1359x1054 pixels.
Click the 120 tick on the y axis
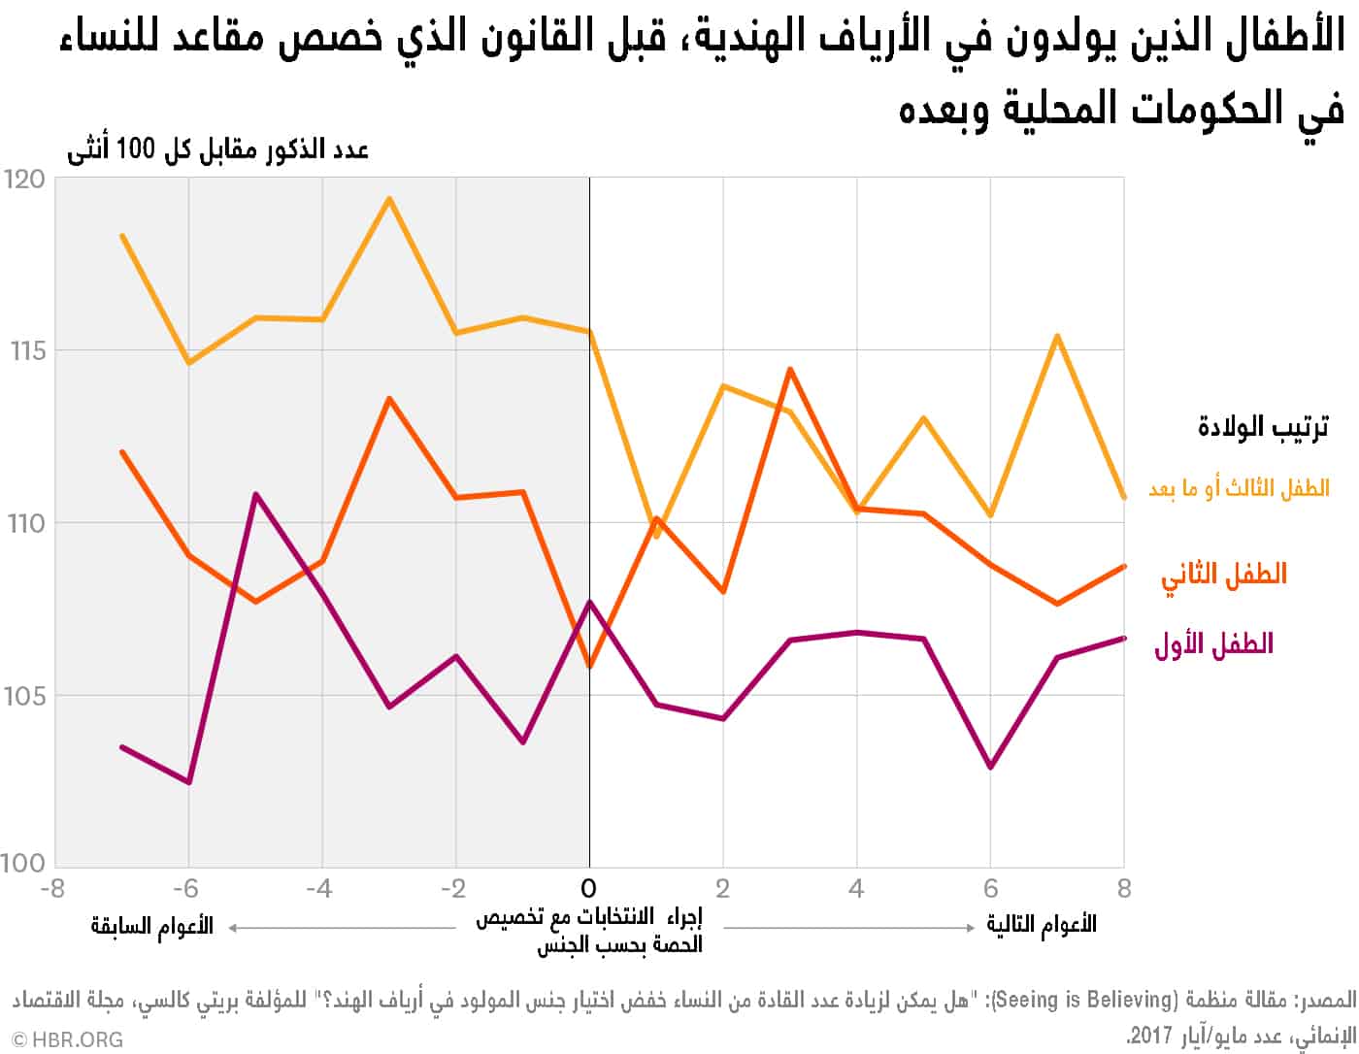click(x=25, y=180)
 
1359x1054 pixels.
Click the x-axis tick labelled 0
click(x=588, y=888)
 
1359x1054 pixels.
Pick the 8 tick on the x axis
click(x=1123, y=888)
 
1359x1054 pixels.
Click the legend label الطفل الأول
click(x=1213, y=643)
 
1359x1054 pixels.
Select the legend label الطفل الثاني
click(x=1223, y=574)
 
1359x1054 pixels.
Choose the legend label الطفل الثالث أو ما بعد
click(x=1239, y=488)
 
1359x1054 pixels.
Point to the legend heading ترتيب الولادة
click(x=1263, y=426)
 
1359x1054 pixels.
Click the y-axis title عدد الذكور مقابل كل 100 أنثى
click(x=217, y=150)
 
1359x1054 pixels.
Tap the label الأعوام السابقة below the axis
click(x=152, y=925)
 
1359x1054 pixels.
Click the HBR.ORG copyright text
click(x=67, y=1039)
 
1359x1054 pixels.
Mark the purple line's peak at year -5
click(x=255, y=494)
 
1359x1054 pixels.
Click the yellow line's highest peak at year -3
click(x=389, y=199)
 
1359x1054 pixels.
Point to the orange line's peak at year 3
click(x=790, y=369)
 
